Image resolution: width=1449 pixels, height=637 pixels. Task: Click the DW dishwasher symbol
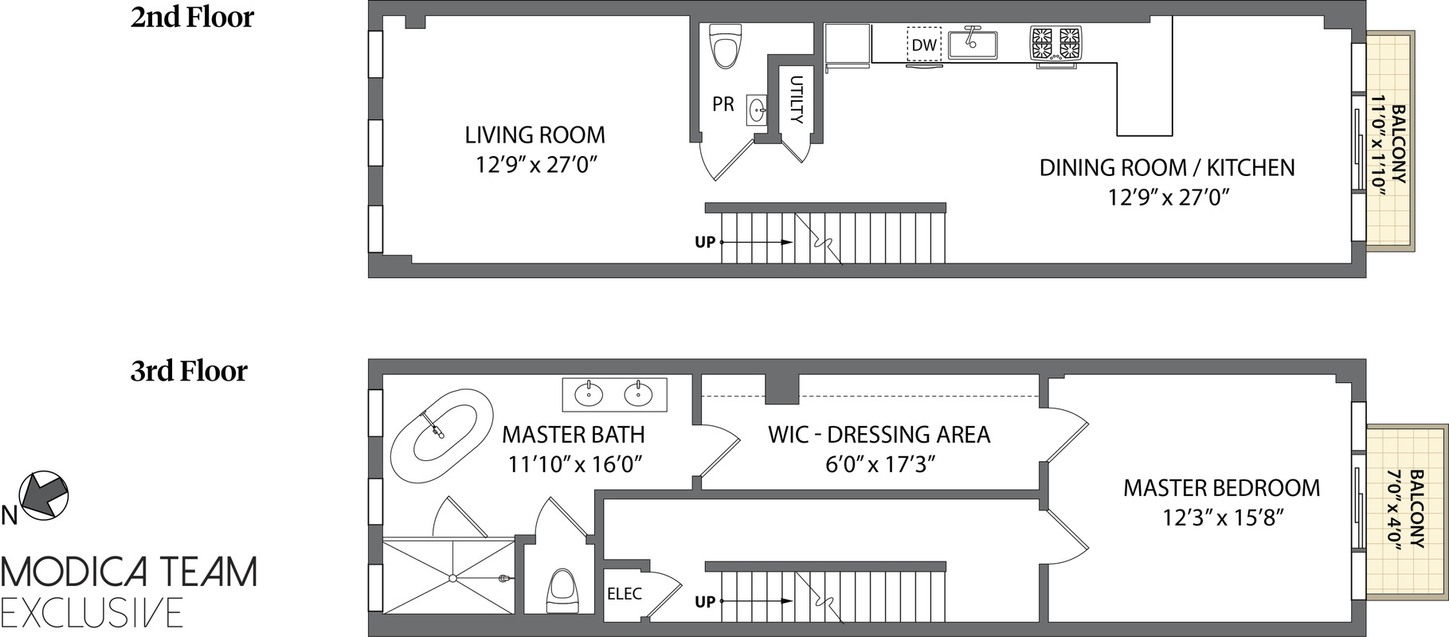924,45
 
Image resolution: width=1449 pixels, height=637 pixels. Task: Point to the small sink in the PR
758,110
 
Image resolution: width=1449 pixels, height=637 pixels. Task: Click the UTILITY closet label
796,99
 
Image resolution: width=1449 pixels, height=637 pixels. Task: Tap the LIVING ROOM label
535,135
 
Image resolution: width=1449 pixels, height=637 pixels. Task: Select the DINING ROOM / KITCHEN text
1167,167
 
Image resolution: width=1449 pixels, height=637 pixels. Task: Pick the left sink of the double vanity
590,393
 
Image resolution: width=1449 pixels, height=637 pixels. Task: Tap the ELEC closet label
625,593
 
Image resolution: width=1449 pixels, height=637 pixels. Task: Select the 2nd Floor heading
192,17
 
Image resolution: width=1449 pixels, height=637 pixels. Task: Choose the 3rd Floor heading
189,370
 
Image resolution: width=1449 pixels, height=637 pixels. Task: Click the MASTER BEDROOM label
1221,487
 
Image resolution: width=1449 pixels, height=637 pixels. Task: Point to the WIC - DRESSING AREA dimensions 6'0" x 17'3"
879,463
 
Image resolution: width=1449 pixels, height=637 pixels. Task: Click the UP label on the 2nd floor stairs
705,242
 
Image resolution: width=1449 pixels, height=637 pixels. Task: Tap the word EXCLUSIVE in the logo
92,612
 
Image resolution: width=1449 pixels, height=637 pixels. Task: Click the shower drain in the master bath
452,577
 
